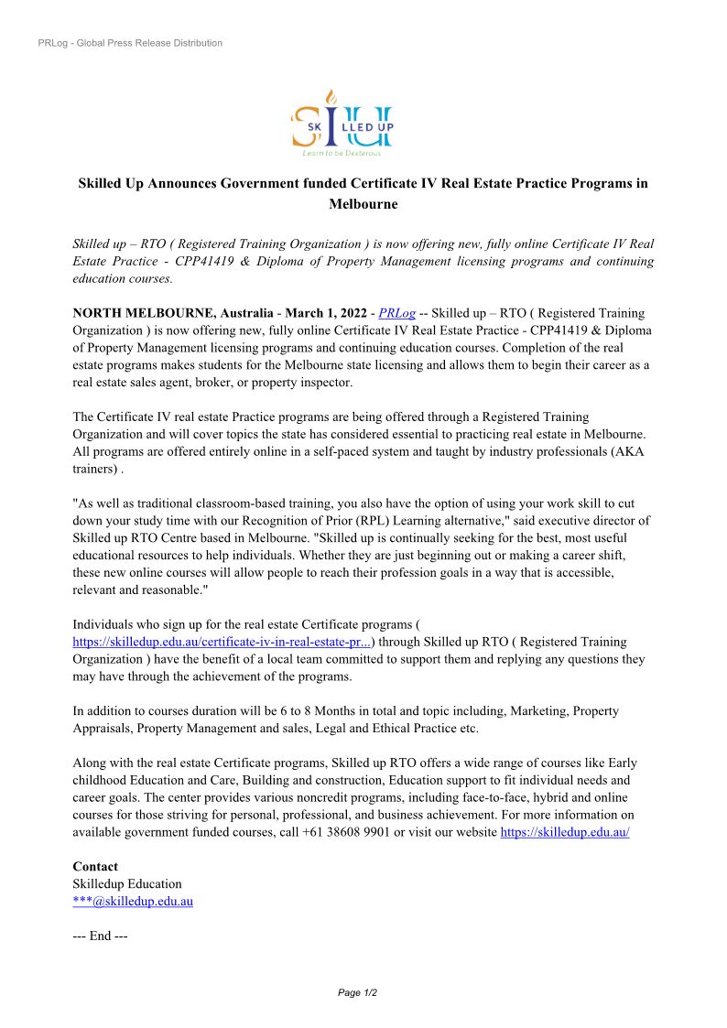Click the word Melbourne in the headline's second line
(363, 204)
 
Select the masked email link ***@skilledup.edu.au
(133, 901)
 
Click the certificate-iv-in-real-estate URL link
(222, 643)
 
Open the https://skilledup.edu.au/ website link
(564, 832)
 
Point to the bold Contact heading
(95, 866)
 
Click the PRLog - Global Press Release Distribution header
(130, 43)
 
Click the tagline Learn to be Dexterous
(342, 153)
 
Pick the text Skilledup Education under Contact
(127, 883)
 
